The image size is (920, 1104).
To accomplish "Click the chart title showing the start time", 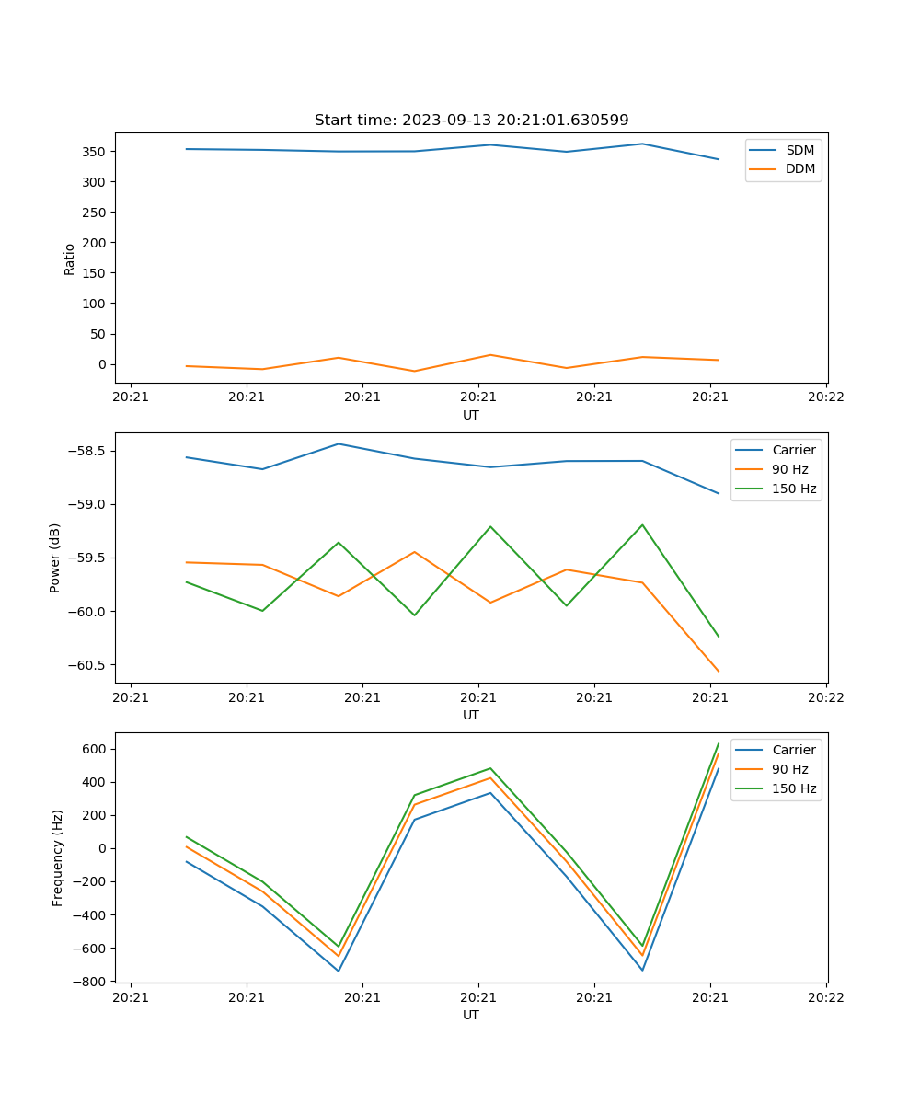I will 471,120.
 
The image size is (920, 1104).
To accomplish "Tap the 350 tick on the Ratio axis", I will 96,151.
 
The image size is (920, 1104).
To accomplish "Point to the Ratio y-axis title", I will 70,259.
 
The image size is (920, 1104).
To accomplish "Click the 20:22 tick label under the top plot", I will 825,397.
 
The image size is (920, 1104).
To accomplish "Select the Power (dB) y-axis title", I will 55,558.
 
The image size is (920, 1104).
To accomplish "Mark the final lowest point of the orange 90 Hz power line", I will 719,672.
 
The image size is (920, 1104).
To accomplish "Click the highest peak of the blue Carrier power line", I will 339,443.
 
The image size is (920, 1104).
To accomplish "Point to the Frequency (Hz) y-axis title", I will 57,857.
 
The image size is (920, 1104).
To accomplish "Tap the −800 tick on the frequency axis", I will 90,982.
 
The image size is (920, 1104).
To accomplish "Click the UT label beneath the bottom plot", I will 471,1015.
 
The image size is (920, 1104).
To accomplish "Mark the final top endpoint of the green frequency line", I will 719,743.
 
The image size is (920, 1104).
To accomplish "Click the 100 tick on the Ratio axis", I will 96,304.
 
